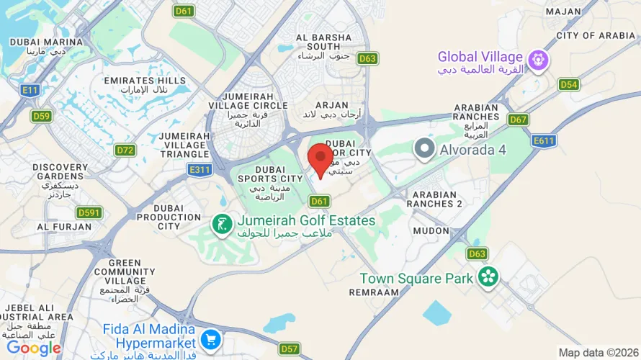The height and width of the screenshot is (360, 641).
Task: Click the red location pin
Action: (320, 158)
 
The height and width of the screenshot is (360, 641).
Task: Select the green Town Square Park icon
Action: (488, 276)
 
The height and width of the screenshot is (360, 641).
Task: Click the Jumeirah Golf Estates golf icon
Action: (221, 224)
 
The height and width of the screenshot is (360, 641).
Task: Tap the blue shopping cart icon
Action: (210, 338)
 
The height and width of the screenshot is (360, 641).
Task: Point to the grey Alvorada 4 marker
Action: (424, 149)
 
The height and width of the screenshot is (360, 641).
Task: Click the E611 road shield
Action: (544, 141)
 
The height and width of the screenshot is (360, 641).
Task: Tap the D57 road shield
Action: (290, 349)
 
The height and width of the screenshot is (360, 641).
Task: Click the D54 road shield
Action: (569, 84)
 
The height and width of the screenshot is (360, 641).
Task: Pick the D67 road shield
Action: (518, 119)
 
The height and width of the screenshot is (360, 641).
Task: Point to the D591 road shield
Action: (89, 212)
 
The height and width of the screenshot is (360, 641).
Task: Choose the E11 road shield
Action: (30, 90)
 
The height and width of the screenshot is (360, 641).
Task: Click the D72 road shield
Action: (125, 150)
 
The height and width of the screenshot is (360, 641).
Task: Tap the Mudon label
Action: (431, 230)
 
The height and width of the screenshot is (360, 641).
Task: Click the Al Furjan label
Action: (64, 226)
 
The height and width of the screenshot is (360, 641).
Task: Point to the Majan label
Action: (563, 12)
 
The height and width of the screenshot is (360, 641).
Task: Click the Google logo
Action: (34, 348)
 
